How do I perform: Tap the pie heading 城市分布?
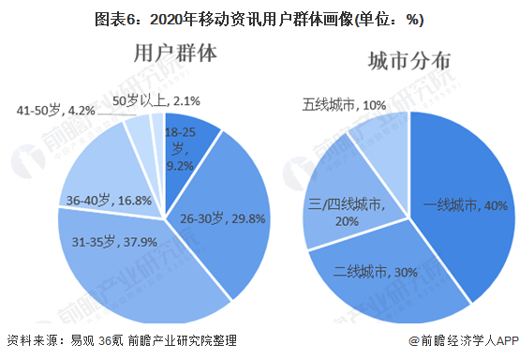point(409,62)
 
